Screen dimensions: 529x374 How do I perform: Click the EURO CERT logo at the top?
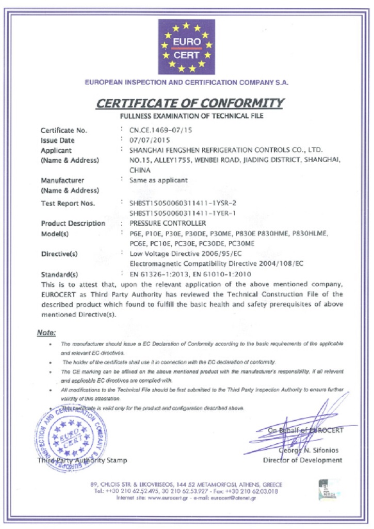[x=186, y=46]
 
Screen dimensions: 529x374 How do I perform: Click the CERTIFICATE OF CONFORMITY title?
[x=189, y=103]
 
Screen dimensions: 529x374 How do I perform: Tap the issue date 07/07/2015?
[x=149, y=140]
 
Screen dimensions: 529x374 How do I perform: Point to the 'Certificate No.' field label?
[x=64, y=130]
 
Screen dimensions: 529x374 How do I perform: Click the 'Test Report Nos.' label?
[x=68, y=204]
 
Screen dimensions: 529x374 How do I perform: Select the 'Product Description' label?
[x=73, y=224]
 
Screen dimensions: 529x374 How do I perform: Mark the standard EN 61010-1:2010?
[x=223, y=274]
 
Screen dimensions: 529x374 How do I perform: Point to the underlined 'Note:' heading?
[x=46, y=333]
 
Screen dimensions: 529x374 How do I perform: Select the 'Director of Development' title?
[x=302, y=460]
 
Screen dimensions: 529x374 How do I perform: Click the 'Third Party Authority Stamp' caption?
[x=82, y=460]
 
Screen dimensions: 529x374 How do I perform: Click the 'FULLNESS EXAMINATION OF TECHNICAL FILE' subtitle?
[x=191, y=116]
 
